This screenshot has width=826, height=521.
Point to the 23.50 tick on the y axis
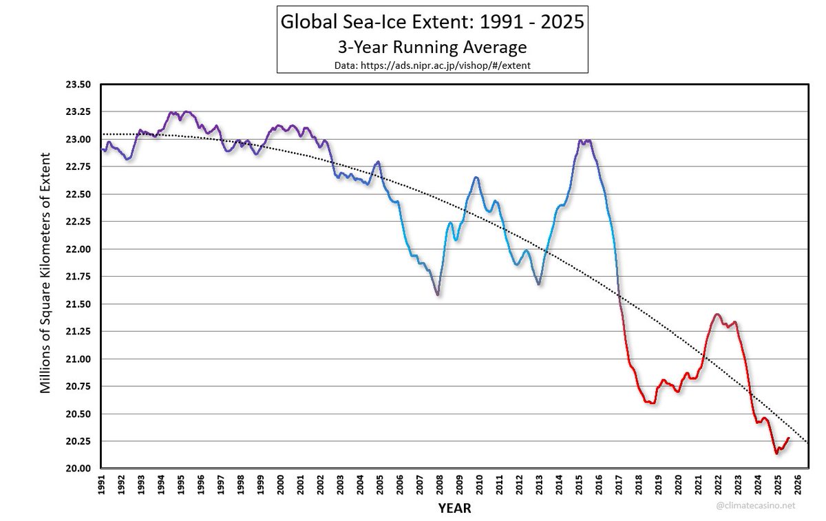[77, 85]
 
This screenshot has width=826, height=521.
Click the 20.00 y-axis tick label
[77, 469]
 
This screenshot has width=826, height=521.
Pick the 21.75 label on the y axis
[77, 277]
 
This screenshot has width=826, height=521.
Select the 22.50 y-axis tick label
[77, 194]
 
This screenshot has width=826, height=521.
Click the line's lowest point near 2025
[777, 453]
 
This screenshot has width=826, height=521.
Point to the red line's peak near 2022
[717, 315]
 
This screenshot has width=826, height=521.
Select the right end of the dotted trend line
[807, 441]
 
